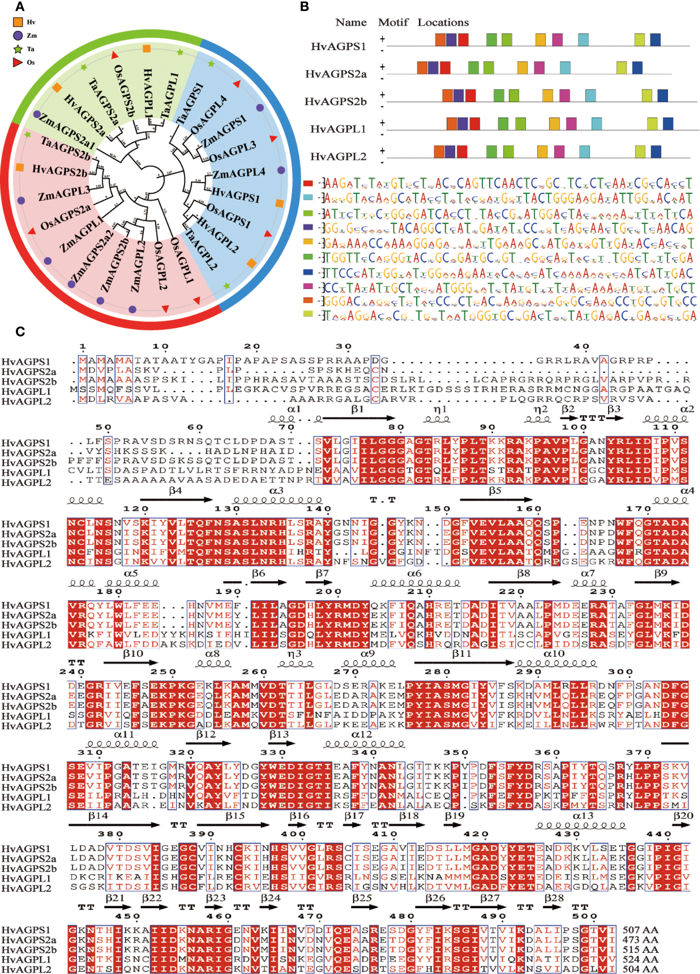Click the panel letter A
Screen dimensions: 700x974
(x=19, y=7)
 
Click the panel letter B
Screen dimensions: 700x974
(x=304, y=7)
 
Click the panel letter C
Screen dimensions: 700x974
(x=20, y=332)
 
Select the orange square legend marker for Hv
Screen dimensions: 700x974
(x=18, y=22)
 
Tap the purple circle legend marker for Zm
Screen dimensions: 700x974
(x=18, y=35)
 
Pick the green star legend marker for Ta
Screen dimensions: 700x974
(x=18, y=49)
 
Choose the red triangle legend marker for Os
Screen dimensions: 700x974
(x=18, y=62)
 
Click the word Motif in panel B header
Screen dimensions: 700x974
(x=393, y=22)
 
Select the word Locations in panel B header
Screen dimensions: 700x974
(x=443, y=22)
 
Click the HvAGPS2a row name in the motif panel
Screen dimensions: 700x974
(x=336, y=74)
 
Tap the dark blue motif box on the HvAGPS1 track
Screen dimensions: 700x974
(x=655, y=39)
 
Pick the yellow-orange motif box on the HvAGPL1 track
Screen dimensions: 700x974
(x=554, y=124)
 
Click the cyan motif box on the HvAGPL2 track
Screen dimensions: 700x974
(x=584, y=152)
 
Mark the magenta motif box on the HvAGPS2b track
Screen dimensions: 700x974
(x=565, y=95)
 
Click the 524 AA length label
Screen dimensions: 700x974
(x=640, y=959)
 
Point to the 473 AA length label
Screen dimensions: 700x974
(x=640, y=939)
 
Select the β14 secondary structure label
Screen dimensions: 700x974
(x=98, y=815)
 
